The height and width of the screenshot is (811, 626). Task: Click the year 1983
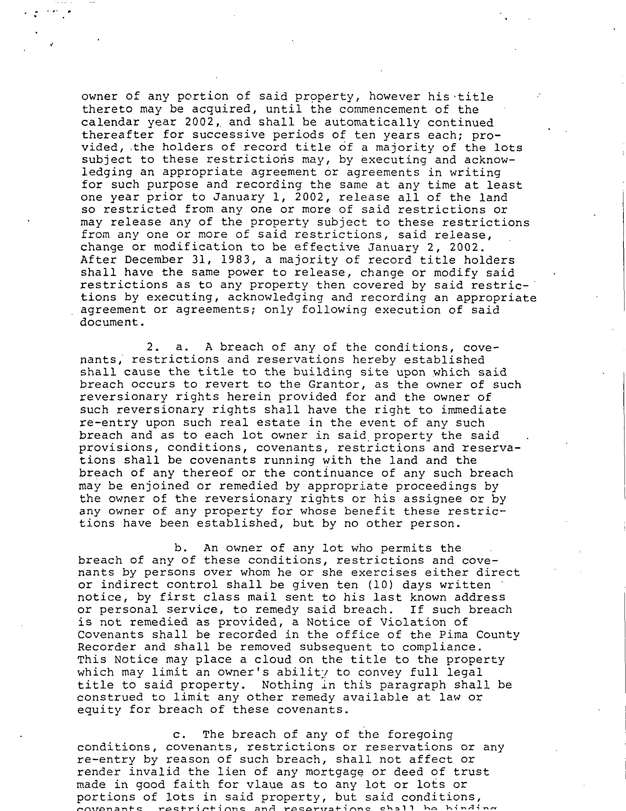click(235, 260)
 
